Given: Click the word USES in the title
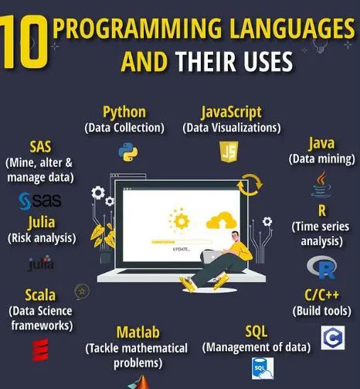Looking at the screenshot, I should (x=260, y=61).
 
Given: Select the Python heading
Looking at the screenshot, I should (x=124, y=113).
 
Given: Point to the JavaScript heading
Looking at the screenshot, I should (x=231, y=113).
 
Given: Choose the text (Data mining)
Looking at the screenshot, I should (x=321, y=159).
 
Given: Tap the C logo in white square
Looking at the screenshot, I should (x=332, y=337).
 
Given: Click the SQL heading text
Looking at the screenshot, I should (x=256, y=332).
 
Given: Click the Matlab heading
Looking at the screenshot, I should (x=138, y=333).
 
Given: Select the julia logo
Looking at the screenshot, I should (x=40, y=265).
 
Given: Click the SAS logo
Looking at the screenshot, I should (x=39, y=203).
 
